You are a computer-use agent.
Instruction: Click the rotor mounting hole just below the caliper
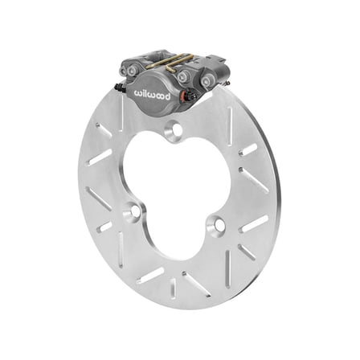click(173, 129)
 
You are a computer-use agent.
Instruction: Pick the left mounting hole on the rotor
click(133, 212)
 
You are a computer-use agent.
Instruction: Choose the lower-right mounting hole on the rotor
click(217, 225)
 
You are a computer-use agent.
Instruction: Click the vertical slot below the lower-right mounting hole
click(227, 262)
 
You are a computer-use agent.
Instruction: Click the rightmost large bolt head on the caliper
click(207, 80)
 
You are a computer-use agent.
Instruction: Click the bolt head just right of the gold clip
click(183, 76)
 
